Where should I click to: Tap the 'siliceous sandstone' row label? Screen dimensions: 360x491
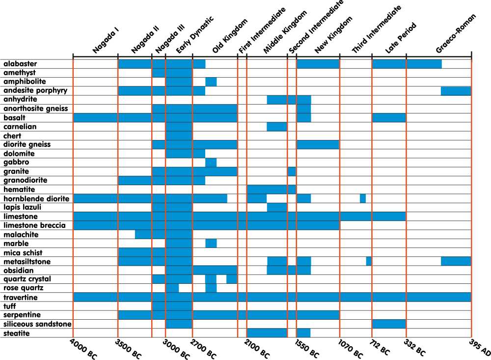tap(37, 324)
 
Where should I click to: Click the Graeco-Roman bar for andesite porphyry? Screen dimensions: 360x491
tap(456, 91)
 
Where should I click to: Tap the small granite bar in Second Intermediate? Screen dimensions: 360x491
tap(292, 171)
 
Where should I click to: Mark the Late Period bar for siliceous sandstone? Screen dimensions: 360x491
tap(389, 324)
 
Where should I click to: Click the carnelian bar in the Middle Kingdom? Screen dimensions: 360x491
tap(277, 127)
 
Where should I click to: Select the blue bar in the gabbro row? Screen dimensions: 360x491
tap(211, 163)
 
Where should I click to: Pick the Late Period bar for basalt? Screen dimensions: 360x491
tap(389, 118)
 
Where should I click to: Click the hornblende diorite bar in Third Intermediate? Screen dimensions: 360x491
tap(363, 198)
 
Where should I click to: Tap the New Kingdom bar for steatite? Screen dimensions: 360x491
tap(303, 333)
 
